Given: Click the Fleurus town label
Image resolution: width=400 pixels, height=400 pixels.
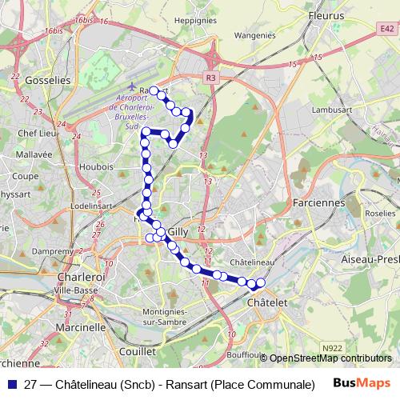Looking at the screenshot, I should point(326,14).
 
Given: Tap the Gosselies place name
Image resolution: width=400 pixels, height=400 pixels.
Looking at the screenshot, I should point(48,81).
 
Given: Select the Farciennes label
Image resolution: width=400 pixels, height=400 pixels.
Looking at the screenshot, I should point(318,202).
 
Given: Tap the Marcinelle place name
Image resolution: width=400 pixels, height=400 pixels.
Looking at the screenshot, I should point(80,327).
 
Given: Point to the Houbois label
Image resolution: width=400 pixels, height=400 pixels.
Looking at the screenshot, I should point(96,166).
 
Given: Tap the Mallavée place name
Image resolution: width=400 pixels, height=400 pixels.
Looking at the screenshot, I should point(34,154).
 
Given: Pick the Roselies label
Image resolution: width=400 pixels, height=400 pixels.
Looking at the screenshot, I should point(380,214).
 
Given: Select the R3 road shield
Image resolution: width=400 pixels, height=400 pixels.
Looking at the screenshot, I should point(210,78).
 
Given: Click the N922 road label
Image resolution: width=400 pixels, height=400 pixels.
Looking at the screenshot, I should point(335,346).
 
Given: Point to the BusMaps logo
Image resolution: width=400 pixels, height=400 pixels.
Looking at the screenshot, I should point(361,382).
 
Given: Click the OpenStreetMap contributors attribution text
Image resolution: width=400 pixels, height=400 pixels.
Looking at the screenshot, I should point(330,358).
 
